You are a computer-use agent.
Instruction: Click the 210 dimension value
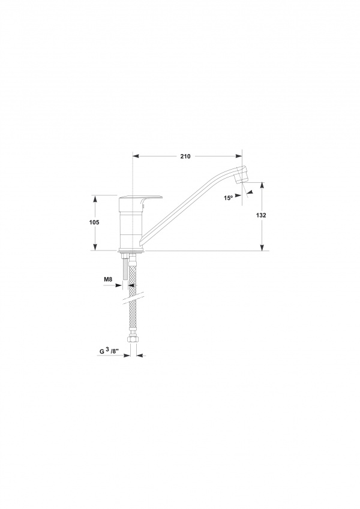(x=185, y=156)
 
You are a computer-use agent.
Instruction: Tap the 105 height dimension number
(x=94, y=222)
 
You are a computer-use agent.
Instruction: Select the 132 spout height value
(x=261, y=215)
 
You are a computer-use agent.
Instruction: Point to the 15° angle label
(x=229, y=197)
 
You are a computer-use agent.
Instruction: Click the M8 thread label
(x=108, y=279)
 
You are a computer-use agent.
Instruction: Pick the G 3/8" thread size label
(x=109, y=351)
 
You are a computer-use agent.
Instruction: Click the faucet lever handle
(x=140, y=198)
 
